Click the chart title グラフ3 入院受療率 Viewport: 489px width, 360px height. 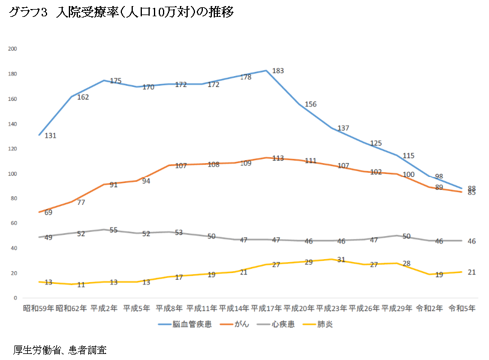pyautogui.click(x=121, y=13)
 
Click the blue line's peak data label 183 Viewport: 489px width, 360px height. pyautogui.click(x=278, y=71)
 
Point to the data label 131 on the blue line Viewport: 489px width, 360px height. pyautogui.click(x=50, y=135)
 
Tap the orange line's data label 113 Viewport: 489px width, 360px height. pyautogui.click(x=278, y=158)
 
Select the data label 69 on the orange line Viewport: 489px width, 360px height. pyautogui.click(x=48, y=213)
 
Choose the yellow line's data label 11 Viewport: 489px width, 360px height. pyautogui.click(x=81, y=284)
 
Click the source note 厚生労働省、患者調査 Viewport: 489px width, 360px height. pyautogui.click(x=60, y=350)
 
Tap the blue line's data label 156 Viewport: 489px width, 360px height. pyautogui.click(x=310, y=104)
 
